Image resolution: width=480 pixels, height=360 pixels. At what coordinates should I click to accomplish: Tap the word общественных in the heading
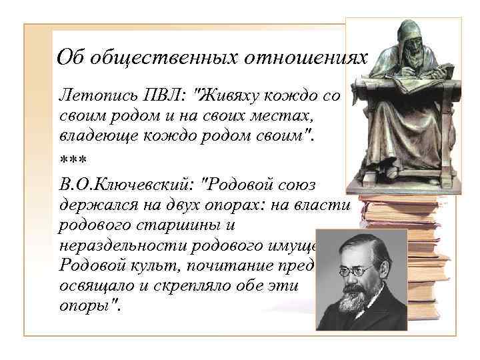159,58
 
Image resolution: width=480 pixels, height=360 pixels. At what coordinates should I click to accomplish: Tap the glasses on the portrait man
353,271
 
